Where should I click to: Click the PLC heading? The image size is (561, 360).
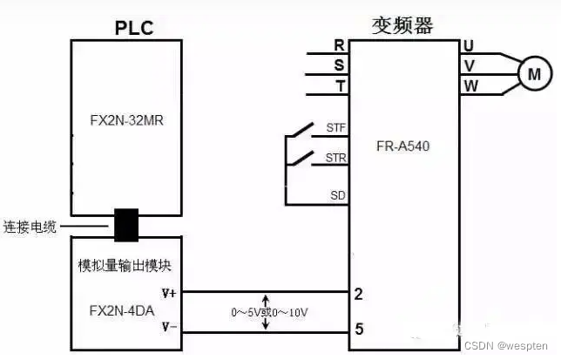[133, 28]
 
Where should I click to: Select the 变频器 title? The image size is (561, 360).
[403, 25]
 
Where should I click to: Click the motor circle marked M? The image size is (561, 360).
[533, 75]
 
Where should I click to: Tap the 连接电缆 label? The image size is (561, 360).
[30, 228]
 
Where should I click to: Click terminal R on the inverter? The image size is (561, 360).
[340, 45]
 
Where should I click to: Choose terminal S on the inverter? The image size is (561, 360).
[340, 65]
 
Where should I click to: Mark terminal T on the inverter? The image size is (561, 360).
[340, 85]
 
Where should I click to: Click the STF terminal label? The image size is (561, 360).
[335, 127]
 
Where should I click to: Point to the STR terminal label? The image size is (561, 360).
[335, 158]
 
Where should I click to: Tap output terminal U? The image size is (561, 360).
[469, 45]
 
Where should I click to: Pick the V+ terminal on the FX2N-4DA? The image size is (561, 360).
[169, 293]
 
